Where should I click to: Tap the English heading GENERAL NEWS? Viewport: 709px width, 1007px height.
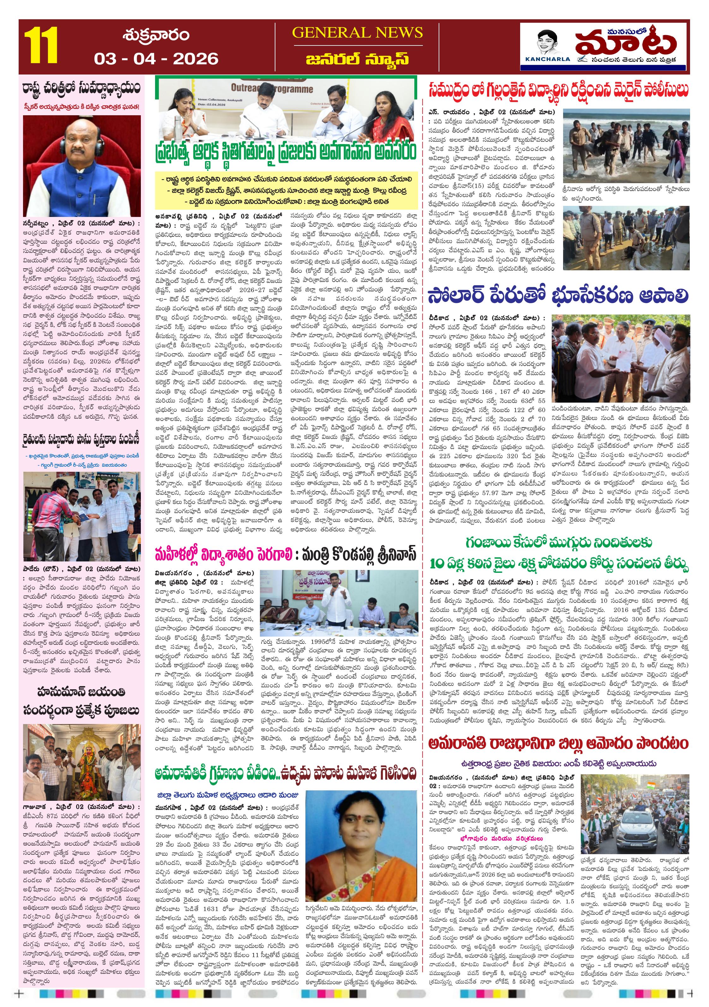(357, 33)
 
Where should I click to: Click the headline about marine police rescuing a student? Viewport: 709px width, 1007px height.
(558, 90)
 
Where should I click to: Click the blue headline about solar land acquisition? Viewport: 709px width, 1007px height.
(558, 296)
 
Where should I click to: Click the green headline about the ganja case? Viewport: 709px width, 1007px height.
(558, 554)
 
